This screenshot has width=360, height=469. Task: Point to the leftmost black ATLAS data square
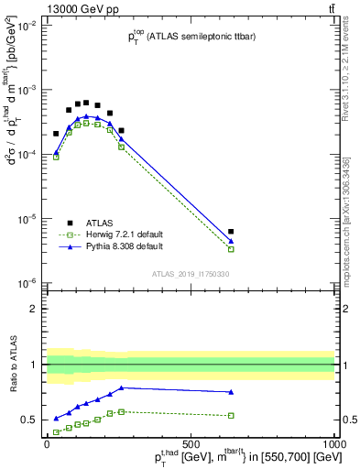56,134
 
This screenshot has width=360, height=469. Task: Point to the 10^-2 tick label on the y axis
25,27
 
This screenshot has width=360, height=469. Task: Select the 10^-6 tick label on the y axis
25,284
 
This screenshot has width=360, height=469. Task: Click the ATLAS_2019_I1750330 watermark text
190,274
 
